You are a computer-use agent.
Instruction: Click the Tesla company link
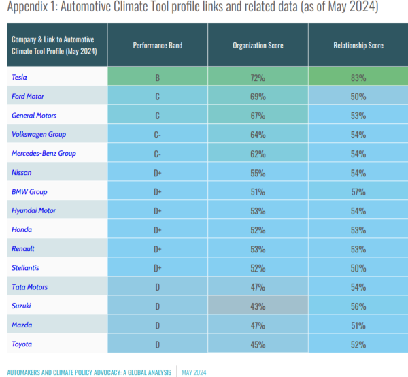(x=19, y=77)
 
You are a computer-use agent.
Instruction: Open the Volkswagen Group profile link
(x=39, y=134)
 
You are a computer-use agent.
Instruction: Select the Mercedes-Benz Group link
(x=44, y=153)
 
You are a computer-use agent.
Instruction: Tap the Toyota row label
(x=22, y=344)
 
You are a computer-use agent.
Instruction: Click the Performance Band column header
(x=158, y=46)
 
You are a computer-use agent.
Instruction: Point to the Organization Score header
(x=258, y=46)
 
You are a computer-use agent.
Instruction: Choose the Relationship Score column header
(x=358, y=46)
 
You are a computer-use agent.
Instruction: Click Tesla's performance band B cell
(x=158, y=78)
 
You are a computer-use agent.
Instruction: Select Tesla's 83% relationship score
(x=358, y=78)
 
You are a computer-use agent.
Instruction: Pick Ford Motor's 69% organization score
(x=258, y=97)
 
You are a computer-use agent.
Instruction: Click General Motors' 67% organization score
(x=258, y=116)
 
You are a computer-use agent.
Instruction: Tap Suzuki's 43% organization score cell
(x=258, y=306)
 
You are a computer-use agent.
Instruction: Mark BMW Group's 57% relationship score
(x=358, y=192)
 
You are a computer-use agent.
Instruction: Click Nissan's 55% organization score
(x=258, y=173)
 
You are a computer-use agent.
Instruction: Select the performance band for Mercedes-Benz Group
(x=158, y=154)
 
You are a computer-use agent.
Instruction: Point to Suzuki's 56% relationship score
(x=358, y=306)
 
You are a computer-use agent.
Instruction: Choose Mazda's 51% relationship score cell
(x=358, y=325)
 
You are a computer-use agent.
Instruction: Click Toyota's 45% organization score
(x=258, y=345)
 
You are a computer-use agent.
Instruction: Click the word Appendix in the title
(x=27, y=6)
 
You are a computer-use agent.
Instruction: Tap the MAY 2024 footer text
(x=194, y=372)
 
